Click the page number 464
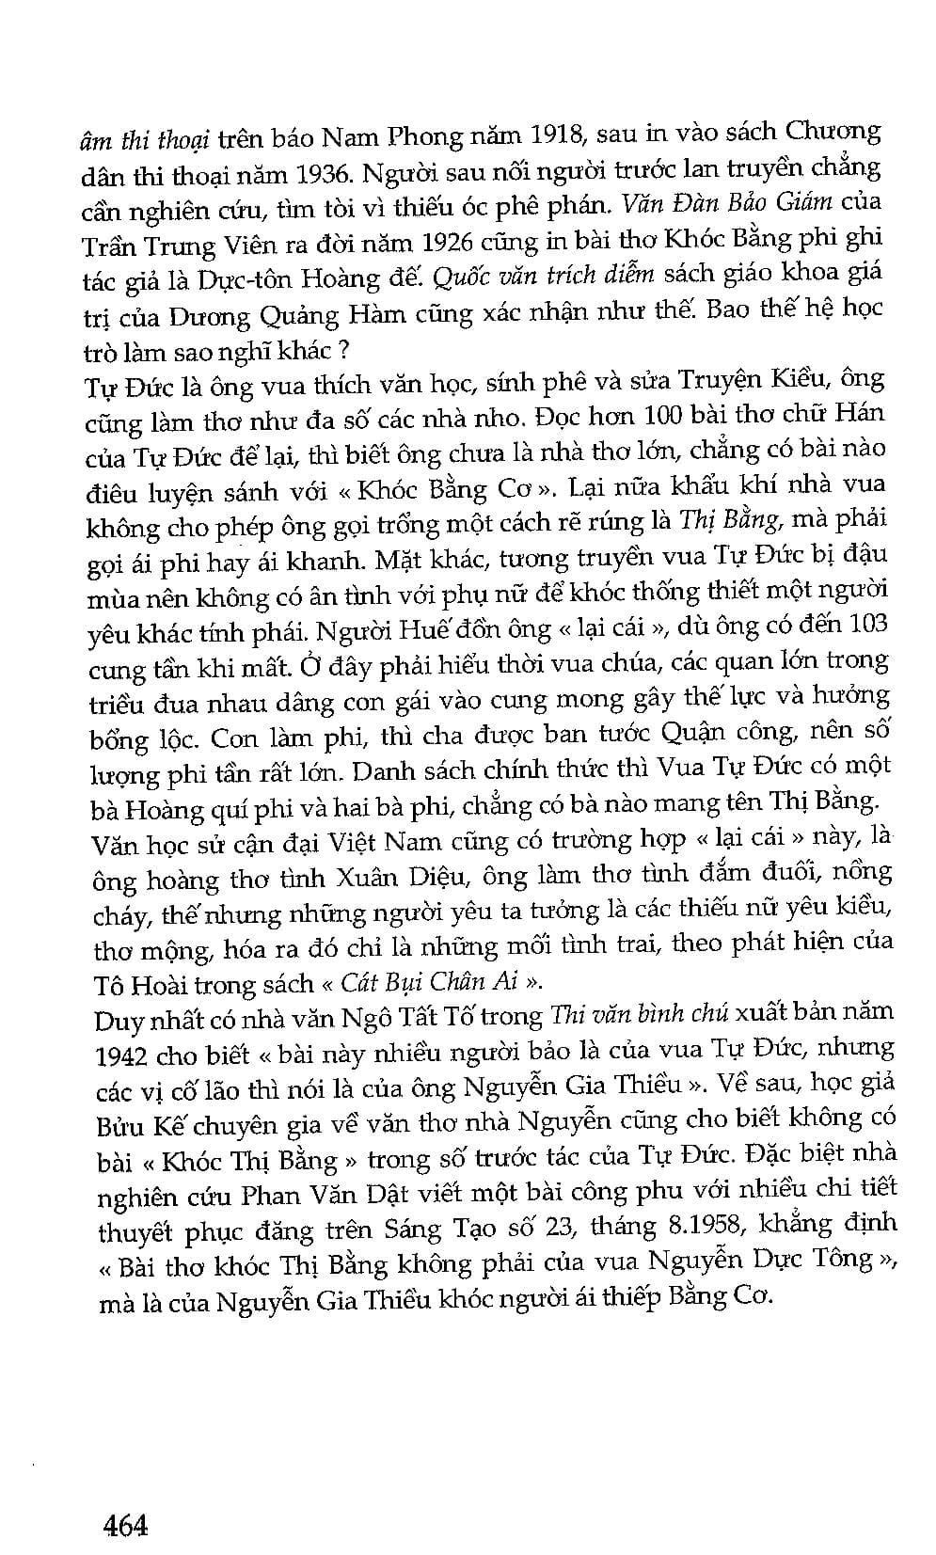click(x=125, y=1523)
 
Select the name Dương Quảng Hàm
click(x=287, y=314)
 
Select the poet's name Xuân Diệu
click(x=410, y=878)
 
